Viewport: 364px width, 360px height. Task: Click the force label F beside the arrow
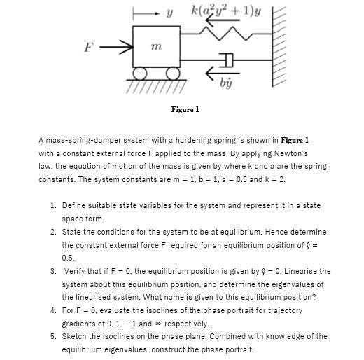(89, 48)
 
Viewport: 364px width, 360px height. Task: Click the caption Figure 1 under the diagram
(185, 109)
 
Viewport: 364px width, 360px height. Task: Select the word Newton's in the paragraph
(288, 153)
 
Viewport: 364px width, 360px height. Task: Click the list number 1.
(53, 205)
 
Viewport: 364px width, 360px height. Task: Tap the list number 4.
(53, 310)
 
